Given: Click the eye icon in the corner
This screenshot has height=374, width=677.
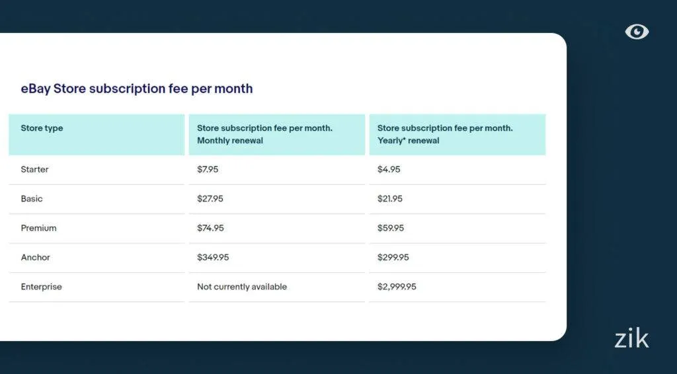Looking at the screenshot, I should click(637, 32).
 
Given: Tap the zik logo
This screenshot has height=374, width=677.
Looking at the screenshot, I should click(631, 339).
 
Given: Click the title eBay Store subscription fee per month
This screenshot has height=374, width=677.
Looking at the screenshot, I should click(137, 89).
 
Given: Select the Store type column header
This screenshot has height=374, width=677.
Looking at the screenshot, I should click(42, 128).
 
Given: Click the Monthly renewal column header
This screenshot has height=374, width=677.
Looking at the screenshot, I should click(264, 134).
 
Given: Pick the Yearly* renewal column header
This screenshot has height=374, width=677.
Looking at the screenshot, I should click(445, 134).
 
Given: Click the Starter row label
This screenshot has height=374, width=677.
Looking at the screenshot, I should click(34, 170).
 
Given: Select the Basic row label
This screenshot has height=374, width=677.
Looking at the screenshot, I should click(32, 199).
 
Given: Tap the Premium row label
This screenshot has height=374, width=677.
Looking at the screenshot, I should click(38, 228).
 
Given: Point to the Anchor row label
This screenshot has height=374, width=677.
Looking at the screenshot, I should click(35, 258).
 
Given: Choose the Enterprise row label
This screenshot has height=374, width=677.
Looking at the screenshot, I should click(41, 287).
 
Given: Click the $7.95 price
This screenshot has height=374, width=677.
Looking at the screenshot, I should click(208, 170).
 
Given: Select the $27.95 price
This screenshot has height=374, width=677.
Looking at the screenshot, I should click(210, 199).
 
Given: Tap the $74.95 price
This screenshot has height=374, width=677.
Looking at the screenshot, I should click(210, 228).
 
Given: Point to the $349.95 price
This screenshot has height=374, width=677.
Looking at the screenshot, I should click(213, 258).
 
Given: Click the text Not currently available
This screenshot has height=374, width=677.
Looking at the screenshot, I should click(242, 287).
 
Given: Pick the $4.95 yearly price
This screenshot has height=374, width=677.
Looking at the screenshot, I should click(389, 170).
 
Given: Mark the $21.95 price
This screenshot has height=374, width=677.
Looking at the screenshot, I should click(390, 199).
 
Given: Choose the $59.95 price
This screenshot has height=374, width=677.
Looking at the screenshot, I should click(391, 228).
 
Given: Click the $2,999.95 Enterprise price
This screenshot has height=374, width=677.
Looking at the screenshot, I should click(397, 287).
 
